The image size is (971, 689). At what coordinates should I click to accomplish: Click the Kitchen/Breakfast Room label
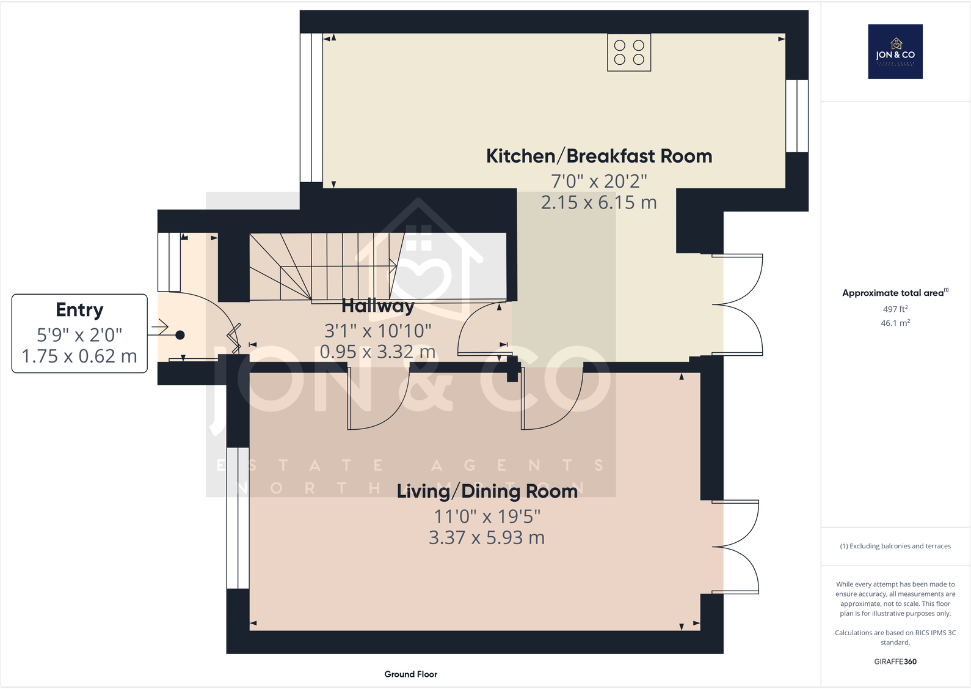(598, 157)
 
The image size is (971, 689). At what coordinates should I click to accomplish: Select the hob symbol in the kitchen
(629, 53)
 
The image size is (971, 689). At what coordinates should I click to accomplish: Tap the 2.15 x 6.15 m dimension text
(598, 202)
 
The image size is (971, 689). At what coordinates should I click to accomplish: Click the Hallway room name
(377, 305)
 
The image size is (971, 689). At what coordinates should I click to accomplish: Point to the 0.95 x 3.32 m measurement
(377, 352)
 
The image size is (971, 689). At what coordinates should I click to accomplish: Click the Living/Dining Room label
(487, 492)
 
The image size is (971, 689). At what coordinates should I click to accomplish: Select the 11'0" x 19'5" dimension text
(487, 517)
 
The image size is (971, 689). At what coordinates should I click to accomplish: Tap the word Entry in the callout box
(79, 310)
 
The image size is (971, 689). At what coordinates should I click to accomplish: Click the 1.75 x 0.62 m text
(79, 356)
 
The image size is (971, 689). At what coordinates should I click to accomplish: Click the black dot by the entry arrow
(180, 335)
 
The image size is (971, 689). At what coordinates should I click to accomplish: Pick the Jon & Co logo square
(895, 51)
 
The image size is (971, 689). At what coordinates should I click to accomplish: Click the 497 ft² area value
(895, 309)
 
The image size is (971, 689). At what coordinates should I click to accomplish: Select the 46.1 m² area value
(895, 323)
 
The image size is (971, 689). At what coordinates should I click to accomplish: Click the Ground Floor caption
(410, 674)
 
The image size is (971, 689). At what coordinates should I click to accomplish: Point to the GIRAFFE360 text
(895, 661)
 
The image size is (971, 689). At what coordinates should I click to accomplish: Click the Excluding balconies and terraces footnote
(895, 546)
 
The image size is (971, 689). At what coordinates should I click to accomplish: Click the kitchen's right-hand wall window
(796, 116)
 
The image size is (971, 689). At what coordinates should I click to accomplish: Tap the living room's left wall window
(238, 518)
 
